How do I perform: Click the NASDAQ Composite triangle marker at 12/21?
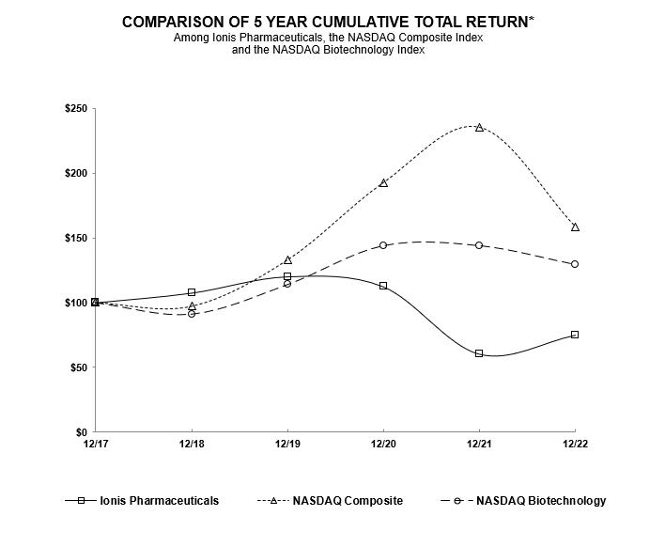pos(479,127)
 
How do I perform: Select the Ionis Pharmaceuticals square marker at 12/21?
pos(479,353)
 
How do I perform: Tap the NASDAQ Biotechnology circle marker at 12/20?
pos(383,245)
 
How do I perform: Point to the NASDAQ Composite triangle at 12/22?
pos(575,227)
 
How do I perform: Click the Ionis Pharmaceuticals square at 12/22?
pos(575,335)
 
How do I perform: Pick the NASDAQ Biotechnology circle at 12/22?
pos(575,264)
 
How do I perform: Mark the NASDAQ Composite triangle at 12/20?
pos(383,182)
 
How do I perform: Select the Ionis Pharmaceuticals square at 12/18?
pos(192,292)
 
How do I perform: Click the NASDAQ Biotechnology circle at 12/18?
pos(192,313)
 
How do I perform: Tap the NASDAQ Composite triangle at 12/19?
pos(287,259)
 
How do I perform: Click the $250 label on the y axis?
pos(75,109)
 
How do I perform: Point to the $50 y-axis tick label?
pos(78,367)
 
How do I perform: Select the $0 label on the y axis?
pos(82,432)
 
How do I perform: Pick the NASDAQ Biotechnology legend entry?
pos(541,501)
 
